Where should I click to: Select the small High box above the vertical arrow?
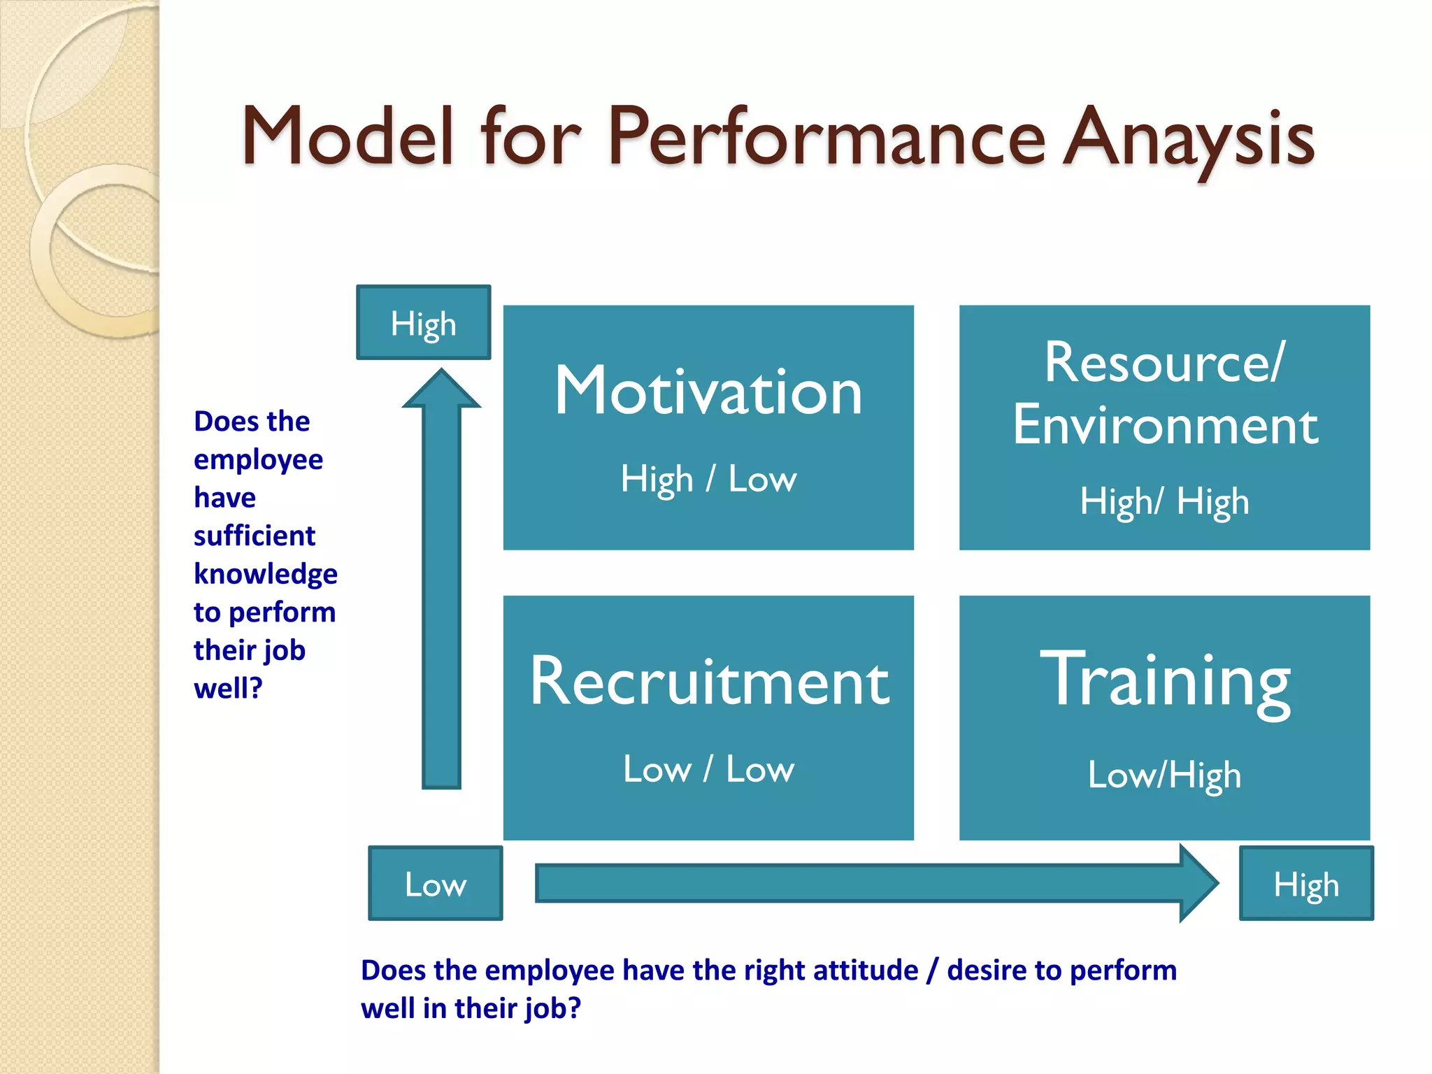coord(424,323)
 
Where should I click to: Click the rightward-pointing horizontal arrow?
coord(874,883)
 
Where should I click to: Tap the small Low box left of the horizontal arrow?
coord(435,884)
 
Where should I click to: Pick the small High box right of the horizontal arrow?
coord(1306,884)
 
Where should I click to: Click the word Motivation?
coord(708,392)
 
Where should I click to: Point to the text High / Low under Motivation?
coord(708,480)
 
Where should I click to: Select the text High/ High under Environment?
coord(1164,502)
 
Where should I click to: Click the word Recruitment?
coord(709,682)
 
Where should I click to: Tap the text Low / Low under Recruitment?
coord(708,769)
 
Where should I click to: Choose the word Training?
coord(1165,680)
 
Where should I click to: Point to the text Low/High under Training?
coord(1164,775)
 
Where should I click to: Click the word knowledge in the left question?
coord(266,575)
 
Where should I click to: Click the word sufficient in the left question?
coord(255,536)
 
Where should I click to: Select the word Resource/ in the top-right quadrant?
coord(1164,364)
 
